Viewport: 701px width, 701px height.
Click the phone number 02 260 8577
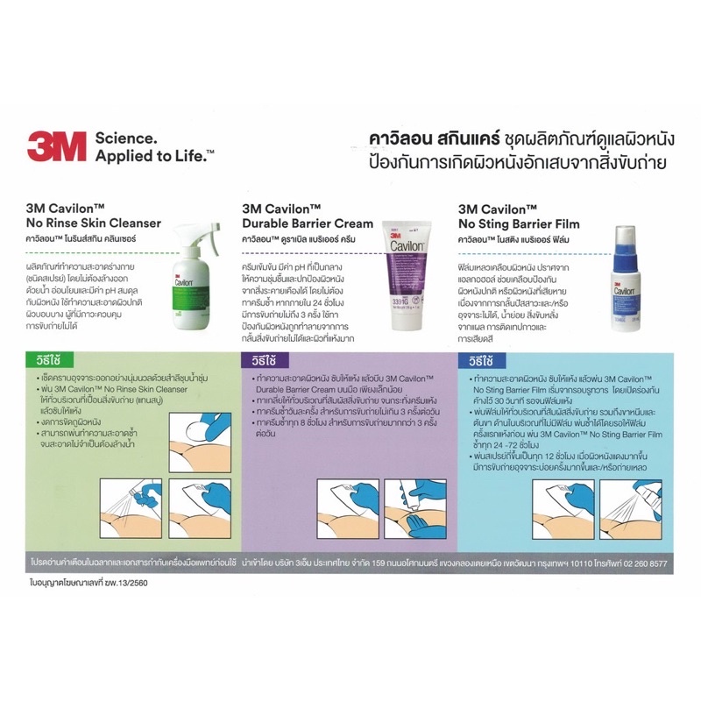(x=641, y=558)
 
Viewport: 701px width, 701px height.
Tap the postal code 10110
(x=575, y=558)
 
